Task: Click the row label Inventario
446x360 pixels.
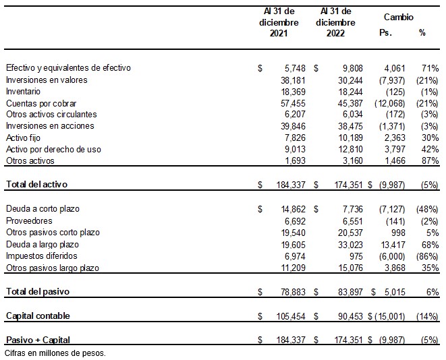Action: (23, 91)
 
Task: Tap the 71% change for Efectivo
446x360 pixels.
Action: (430, 68)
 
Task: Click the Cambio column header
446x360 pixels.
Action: (398, 17)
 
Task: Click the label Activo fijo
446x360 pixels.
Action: (22, 138)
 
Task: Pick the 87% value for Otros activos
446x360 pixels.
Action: (430, 160)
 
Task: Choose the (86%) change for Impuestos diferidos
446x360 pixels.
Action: (427, 256)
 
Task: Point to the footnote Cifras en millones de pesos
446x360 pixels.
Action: (55, 353)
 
